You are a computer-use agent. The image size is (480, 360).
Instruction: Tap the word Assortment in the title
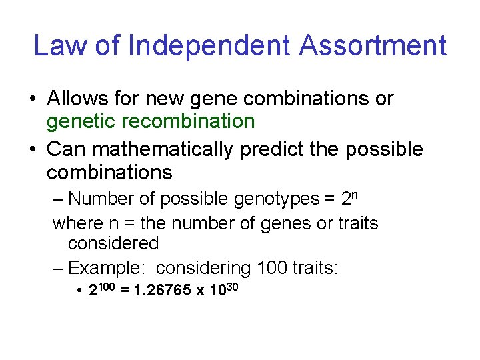pos(373,45)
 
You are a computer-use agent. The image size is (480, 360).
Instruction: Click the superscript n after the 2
pos(355,195)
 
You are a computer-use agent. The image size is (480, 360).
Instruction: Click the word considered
pos(113,243)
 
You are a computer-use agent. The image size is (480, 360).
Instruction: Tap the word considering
pos(203,268)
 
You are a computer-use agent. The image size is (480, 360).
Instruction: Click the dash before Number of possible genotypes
pos(58,199)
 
